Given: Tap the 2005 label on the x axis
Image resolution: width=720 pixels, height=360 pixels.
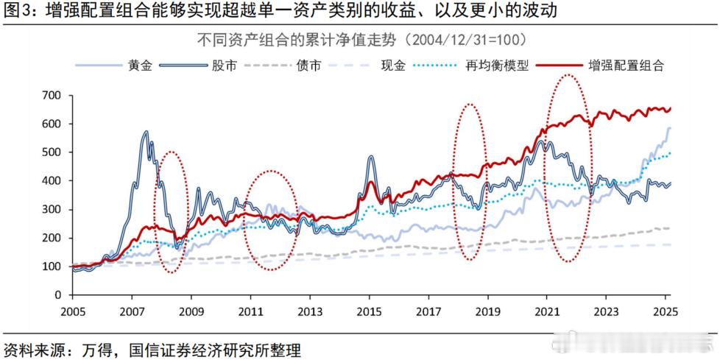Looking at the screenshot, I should (x=71, y=311).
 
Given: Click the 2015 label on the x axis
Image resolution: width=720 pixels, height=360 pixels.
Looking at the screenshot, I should (x=369, y=311).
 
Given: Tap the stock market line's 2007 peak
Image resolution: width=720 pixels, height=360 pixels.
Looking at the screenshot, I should (x=146, y=133).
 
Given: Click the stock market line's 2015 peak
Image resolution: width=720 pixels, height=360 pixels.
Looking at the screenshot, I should (x=371, y=157).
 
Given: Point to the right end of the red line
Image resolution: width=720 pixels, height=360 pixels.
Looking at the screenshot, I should (x=670, y=109).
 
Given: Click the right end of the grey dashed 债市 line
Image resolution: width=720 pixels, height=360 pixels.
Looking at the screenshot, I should (x=669, y=228).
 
